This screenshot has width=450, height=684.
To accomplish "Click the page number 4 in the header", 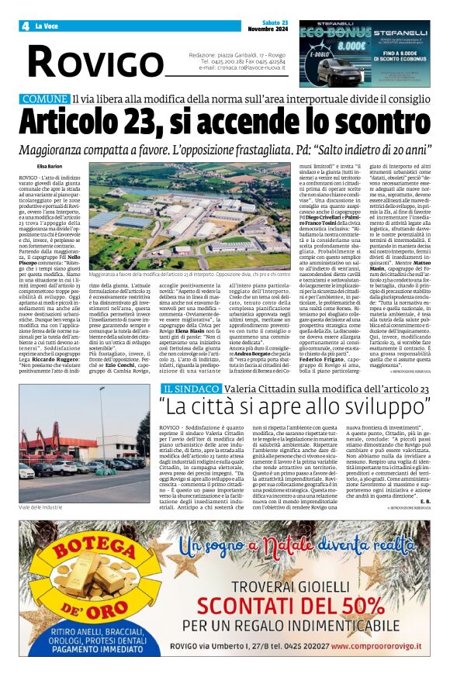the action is (26, 26).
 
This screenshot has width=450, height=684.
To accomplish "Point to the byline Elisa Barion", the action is (50, 166).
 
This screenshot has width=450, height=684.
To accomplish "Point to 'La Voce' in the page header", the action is (48, 26).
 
